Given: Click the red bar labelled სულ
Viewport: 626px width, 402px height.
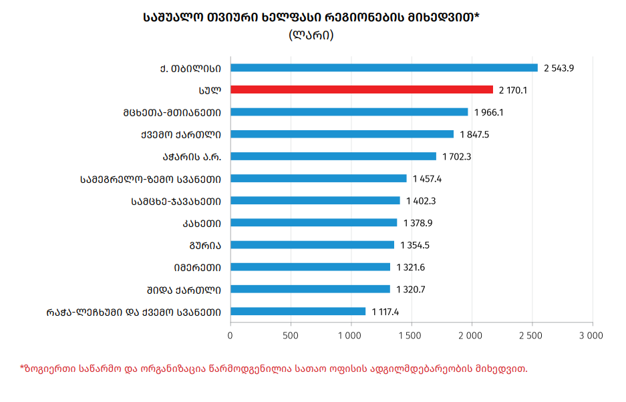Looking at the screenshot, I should point(361,89).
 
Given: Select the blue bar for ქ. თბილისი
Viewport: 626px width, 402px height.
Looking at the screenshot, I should point(384,67).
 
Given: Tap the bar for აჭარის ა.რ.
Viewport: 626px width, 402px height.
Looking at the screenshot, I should point(333,156).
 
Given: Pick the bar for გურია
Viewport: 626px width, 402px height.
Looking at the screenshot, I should point(312,245).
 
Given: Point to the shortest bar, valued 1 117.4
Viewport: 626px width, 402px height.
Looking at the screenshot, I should point(298,311).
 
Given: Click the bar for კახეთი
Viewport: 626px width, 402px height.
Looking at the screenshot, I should point(313,222).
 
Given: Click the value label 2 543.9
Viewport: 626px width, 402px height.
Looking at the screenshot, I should point(559,67).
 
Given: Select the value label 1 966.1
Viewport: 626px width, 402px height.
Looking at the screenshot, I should point(488,112).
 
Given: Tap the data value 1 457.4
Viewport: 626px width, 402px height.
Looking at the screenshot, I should point(428,178).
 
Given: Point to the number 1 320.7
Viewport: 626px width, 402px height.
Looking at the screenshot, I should point(411,289).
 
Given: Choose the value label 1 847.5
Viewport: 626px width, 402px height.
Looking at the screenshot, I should point(474,134).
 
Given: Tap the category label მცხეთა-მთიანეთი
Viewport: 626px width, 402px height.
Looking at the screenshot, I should point(176,112).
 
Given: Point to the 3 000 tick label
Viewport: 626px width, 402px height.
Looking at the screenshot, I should point(591,335).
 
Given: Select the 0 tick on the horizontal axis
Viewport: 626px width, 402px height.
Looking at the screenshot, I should point(230,335).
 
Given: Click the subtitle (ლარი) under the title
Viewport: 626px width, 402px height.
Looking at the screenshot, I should point(311,35).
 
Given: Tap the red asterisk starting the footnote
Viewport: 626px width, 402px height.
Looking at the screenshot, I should point(22,367).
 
